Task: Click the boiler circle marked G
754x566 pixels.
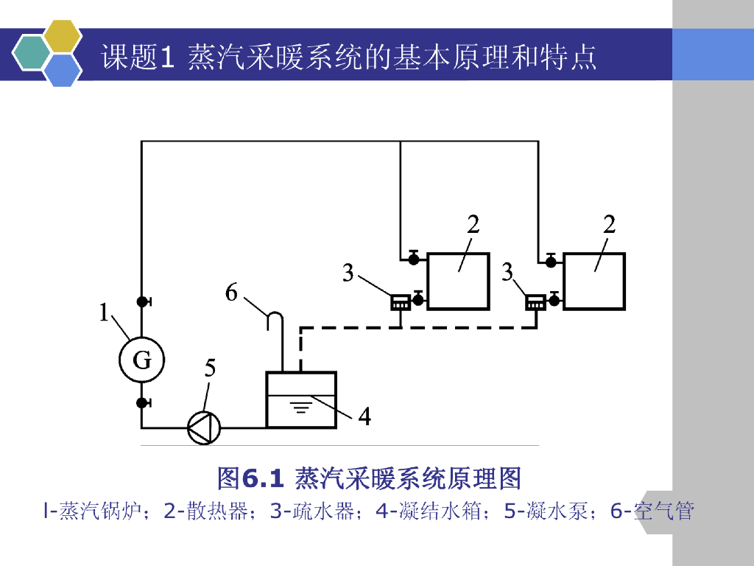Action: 141,360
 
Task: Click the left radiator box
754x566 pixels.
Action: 458,281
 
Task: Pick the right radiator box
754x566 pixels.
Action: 594,281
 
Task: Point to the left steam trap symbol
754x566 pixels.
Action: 400,301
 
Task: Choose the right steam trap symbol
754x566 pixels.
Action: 535,301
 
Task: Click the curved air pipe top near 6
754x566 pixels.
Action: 275,317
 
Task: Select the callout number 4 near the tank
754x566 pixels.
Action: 364,417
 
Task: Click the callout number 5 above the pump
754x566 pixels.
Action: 211,368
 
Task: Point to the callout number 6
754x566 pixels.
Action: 231,293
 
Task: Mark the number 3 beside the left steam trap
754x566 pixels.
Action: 348,273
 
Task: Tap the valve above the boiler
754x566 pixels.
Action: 142,301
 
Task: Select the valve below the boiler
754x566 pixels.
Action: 142,403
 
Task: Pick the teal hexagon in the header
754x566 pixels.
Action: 30,52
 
